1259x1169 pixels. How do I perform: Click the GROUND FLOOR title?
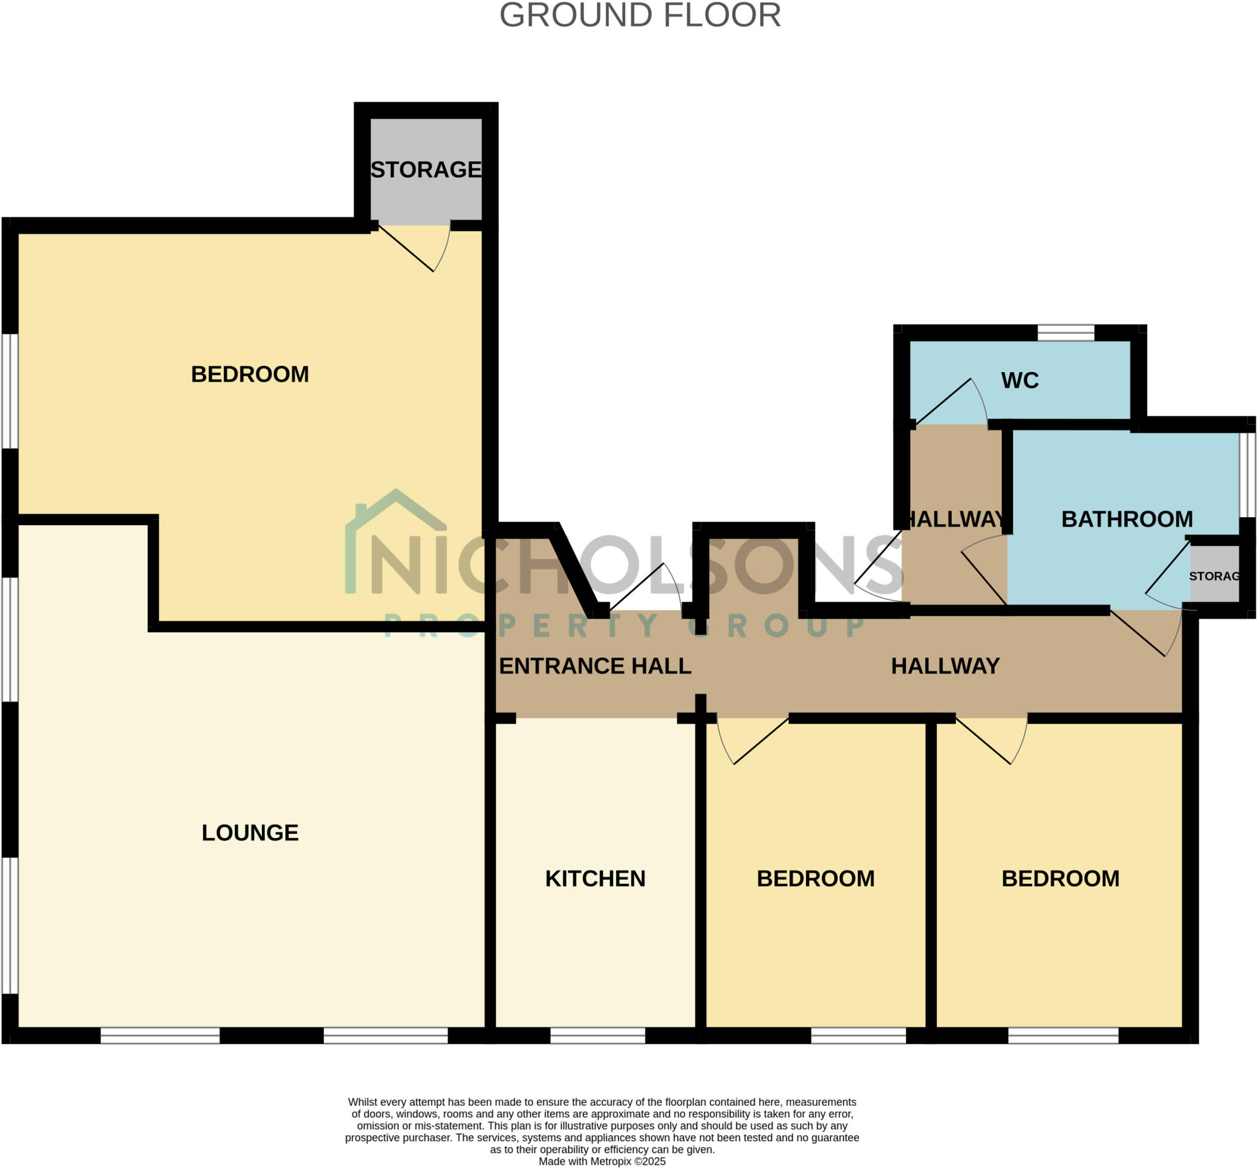639,16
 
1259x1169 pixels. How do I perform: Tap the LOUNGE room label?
250,833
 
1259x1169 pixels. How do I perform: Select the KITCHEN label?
595,879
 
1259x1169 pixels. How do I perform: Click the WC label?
1019,381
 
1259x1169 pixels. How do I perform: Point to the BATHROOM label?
1126,520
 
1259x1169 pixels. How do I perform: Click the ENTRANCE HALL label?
594,666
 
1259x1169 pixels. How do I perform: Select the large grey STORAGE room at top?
425,170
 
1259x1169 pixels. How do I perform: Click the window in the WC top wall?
1065,332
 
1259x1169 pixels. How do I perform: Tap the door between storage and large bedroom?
414,248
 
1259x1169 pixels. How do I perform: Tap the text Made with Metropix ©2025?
601,1162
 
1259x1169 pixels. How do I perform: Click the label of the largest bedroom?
250,374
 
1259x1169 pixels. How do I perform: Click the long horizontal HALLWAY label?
945,666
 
